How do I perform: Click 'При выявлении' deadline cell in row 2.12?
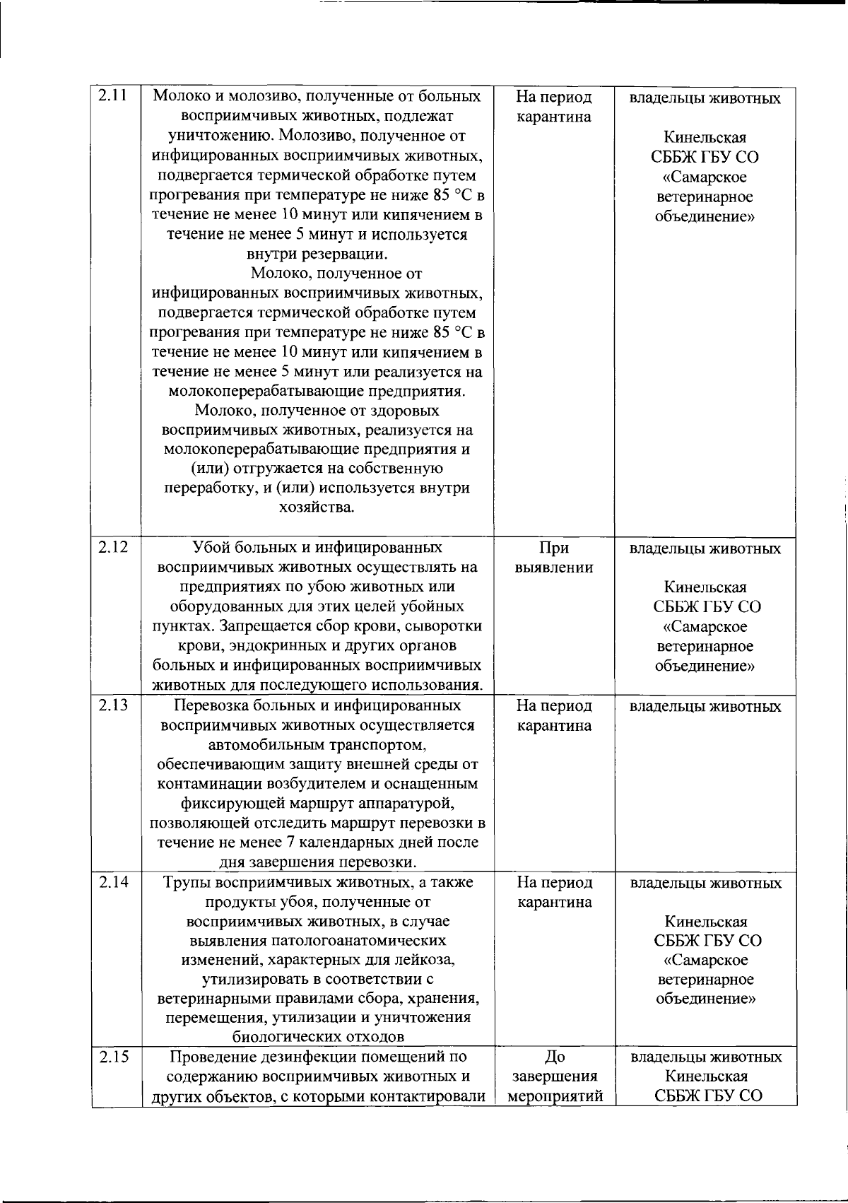pyautogui.click(x=554, y=558)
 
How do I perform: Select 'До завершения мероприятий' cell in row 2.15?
pyautogui.click(x=554, y=1076)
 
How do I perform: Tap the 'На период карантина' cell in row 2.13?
pyautogui.click(x=554, y=715)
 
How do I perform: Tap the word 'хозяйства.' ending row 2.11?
pyautogui.click(x=317, y=507)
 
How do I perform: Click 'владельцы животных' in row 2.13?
pyautogui.click(x=705, y=706)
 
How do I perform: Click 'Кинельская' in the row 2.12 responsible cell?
pyautogui.click(x=705, y=587)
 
